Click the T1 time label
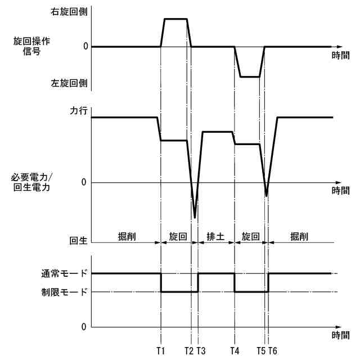161,351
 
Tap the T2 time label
190,351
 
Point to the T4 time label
235,351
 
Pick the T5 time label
261,351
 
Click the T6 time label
273,351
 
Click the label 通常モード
64,274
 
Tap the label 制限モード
64,292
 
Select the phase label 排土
215,237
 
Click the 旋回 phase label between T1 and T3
178,237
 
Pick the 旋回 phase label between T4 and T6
250,237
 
